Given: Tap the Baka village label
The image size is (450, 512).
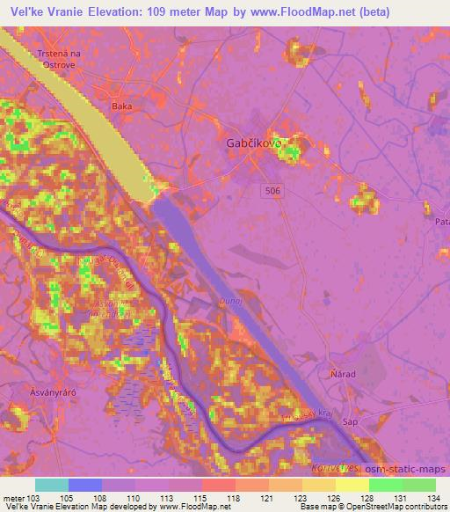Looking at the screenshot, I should (120, 106).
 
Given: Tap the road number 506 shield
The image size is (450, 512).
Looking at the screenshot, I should (275, 190).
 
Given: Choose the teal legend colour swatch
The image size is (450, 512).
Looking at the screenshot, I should (52, 485).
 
